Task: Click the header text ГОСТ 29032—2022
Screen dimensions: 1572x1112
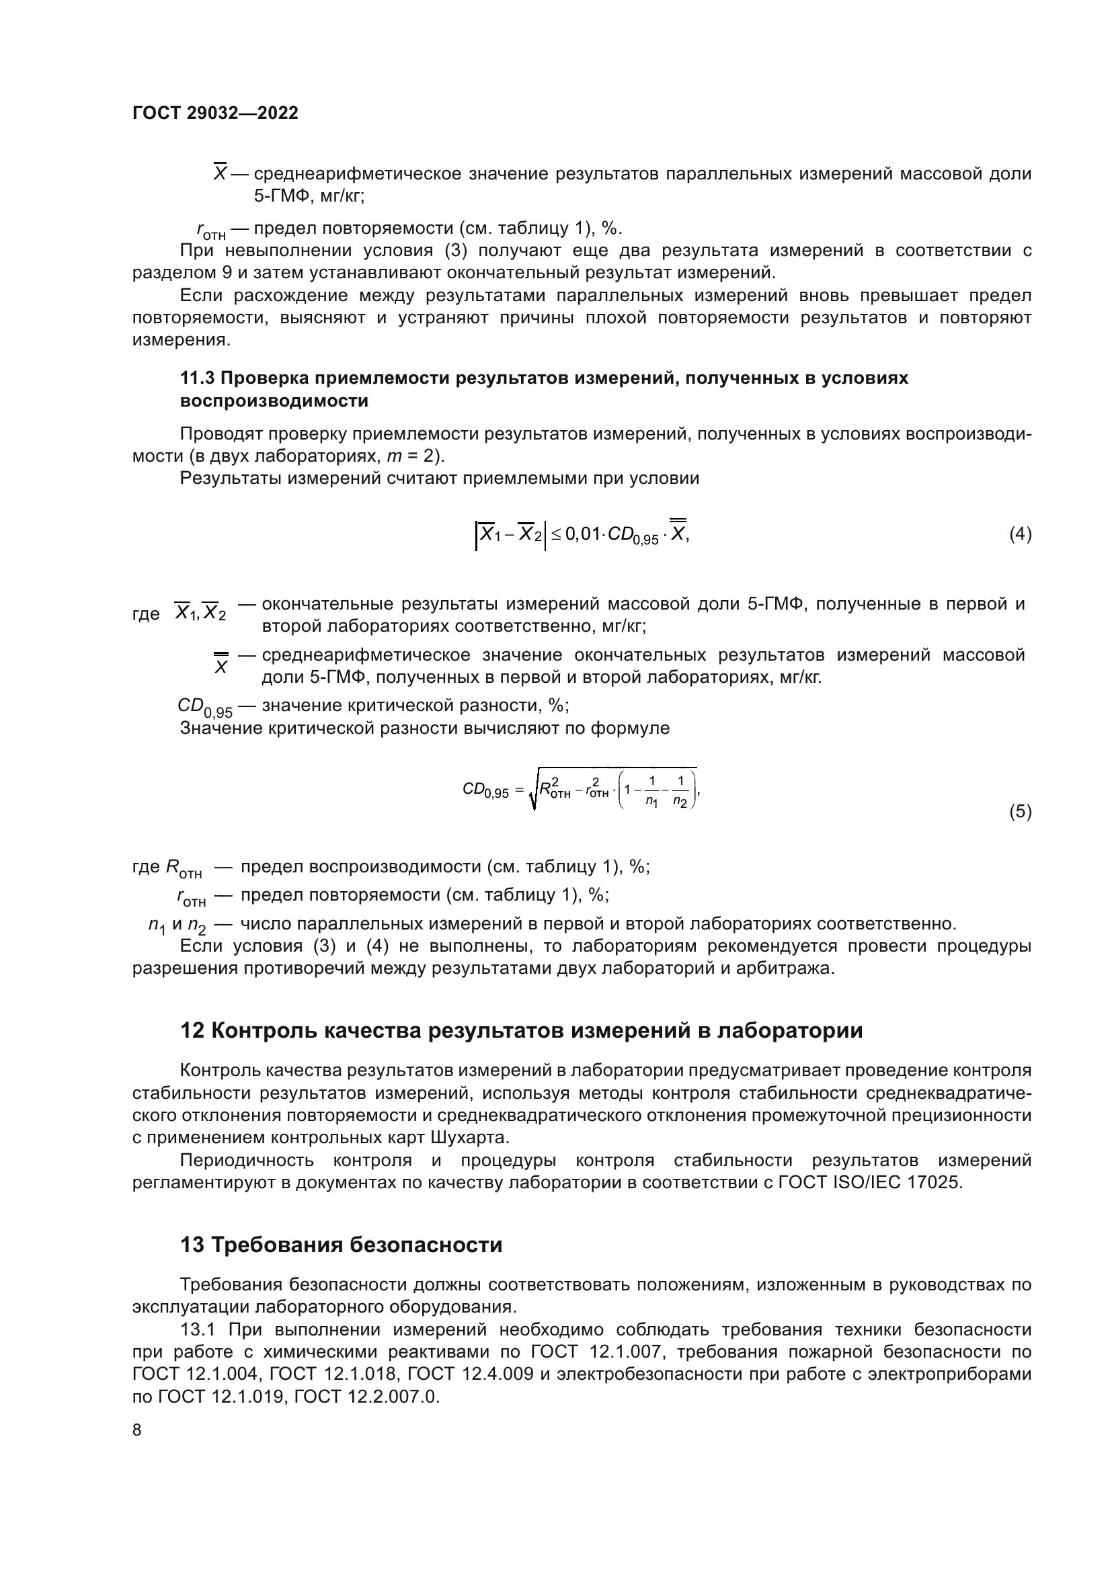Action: click(215, 113)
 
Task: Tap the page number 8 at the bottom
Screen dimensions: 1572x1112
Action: click(137, 1430)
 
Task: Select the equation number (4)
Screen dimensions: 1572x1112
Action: click(1020, 534)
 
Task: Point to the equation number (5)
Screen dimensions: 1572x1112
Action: click(1020, 812)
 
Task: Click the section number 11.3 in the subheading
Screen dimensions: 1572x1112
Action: click(197, 378)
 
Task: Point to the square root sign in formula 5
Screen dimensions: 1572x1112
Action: click(532, 793)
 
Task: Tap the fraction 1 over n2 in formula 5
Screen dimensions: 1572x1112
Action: click(680, 791)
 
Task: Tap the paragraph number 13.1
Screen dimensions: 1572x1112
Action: click(198, 1329)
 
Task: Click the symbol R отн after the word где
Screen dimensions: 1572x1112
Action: click(184, 869)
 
